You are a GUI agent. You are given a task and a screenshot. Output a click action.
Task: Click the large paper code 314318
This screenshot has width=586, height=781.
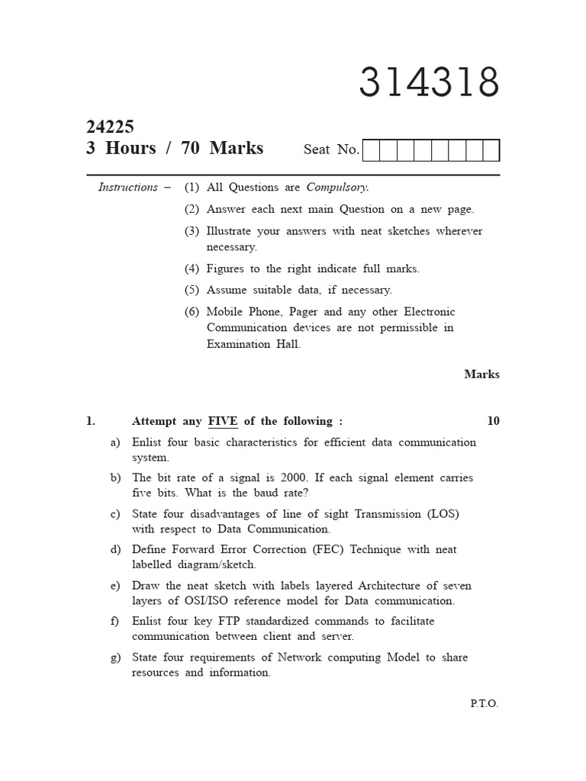point(429,82)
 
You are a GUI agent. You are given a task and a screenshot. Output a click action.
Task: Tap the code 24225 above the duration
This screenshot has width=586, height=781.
point(111,127)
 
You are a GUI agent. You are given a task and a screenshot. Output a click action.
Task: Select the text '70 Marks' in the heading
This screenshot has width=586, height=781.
point(222,148)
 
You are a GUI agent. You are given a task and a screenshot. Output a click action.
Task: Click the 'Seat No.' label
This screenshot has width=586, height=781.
point(331,149)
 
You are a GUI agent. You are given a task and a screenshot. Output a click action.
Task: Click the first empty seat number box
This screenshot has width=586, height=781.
point(372,151)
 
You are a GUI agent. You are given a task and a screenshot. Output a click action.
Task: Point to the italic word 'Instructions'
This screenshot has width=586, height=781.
point(128,187)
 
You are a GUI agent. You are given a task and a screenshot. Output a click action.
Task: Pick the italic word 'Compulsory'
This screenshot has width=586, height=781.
point(337,187)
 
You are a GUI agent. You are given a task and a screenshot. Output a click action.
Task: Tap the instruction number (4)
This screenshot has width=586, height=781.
point(191,268)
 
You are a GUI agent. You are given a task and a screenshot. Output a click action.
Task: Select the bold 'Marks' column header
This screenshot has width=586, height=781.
point(481,374)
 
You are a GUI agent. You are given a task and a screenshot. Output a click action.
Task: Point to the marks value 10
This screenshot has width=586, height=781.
point(493,421)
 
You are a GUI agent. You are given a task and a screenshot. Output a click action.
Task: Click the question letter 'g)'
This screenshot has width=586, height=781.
point(115,657)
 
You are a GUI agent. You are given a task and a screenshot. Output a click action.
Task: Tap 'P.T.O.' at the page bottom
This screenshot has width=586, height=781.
point(484,704)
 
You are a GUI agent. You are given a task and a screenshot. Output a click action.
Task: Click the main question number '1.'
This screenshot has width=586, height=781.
point(91,421)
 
